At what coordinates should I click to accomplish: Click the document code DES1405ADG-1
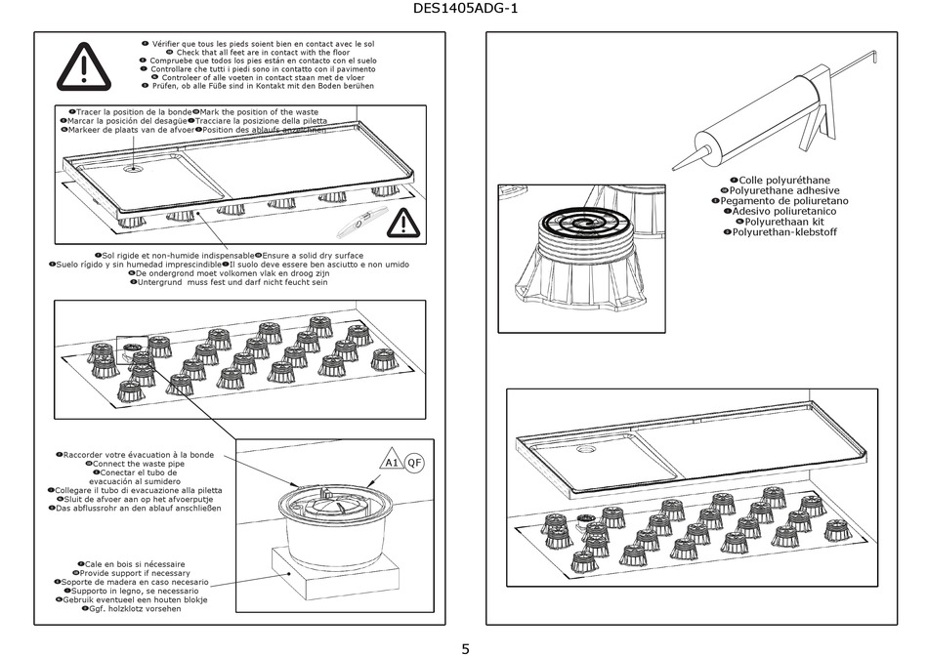click(x=464, y=11)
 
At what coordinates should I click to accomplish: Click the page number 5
click(x=465, y=647)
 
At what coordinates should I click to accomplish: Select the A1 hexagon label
click(x=392, y=462)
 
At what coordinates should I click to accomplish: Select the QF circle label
click(x=415, y=462)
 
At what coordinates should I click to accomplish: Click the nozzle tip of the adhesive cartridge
click(x=677, y=167)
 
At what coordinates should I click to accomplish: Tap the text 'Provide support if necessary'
click(x=145, y=573)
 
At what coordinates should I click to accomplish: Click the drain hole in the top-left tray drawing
click(x=134, y=167)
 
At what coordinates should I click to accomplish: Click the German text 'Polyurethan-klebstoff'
click(x=784, y=232)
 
